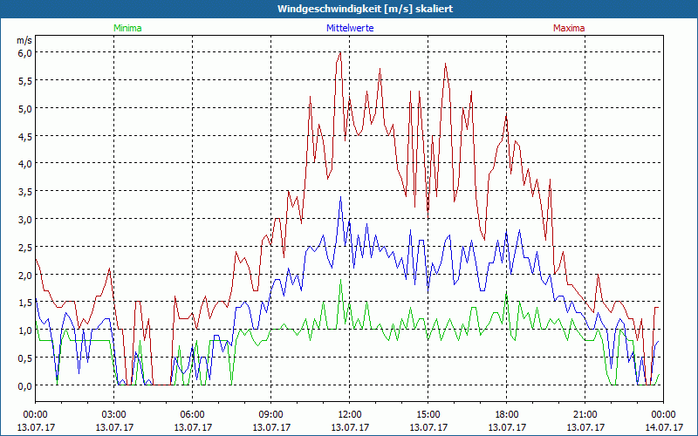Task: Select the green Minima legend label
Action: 127,28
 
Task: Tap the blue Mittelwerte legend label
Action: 350,28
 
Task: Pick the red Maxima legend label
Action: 569,28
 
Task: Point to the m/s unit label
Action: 24,40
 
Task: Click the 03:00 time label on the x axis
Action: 114,414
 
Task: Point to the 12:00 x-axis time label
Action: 350,414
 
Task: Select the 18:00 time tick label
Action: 507,414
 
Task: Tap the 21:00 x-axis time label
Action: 585,414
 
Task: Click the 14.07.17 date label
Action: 663,427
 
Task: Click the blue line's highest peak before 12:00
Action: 340,197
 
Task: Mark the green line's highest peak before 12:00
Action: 340,280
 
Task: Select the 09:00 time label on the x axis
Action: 271,414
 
